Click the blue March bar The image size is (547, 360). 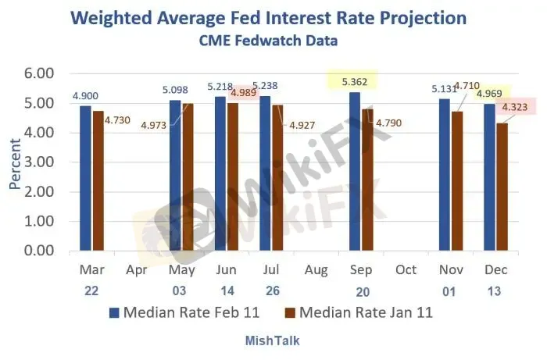point(85,178)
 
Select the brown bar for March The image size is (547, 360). point(98,181)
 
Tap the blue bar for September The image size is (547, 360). point(355,172)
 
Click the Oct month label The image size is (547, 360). point(406,269)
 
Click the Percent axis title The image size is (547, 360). point(15,162)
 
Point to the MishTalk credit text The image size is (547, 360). point(273,340)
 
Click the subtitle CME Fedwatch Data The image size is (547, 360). point(273,39)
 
